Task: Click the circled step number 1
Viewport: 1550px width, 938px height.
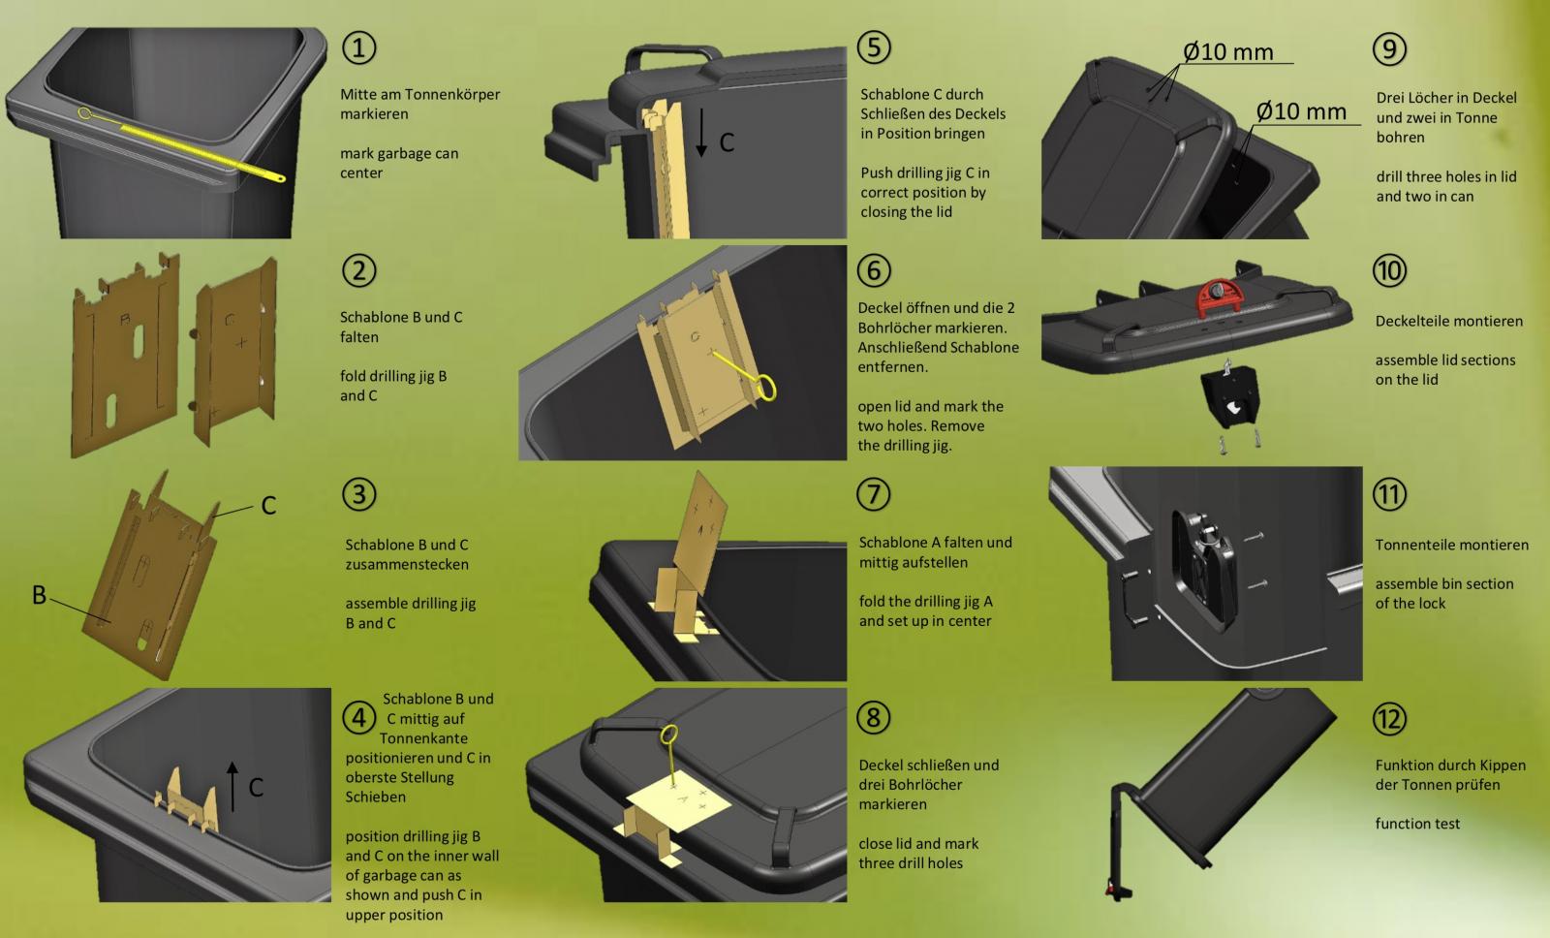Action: pos(359,48)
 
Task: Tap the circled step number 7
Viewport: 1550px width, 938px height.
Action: pos(873,494)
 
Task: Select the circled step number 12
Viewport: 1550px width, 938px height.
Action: pos(1389,719)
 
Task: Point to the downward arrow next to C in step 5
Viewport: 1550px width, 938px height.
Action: pos(701,132)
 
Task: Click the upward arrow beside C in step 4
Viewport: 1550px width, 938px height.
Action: pos(232,787)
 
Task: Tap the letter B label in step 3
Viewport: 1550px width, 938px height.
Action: pos(40,595)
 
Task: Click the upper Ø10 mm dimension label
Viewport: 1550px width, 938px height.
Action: pos(1228,52)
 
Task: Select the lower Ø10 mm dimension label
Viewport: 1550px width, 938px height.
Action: pos(1301,111)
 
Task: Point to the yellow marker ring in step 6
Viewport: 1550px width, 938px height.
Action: pos(766,388)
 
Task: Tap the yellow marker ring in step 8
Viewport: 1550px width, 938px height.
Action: pos(669,734)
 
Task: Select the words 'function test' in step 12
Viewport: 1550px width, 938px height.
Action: pos(1417,824)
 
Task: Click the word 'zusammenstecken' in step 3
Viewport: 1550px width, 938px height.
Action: pos(407,564)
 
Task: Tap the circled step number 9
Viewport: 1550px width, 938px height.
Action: pos(1389,49)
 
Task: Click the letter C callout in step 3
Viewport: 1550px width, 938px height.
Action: pos(268,506)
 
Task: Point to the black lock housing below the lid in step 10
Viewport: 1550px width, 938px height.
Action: pos(1230,398)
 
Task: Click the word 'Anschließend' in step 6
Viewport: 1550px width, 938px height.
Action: pos(896,348)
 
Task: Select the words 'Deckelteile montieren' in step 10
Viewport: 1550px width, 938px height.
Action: pos(1449,321)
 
